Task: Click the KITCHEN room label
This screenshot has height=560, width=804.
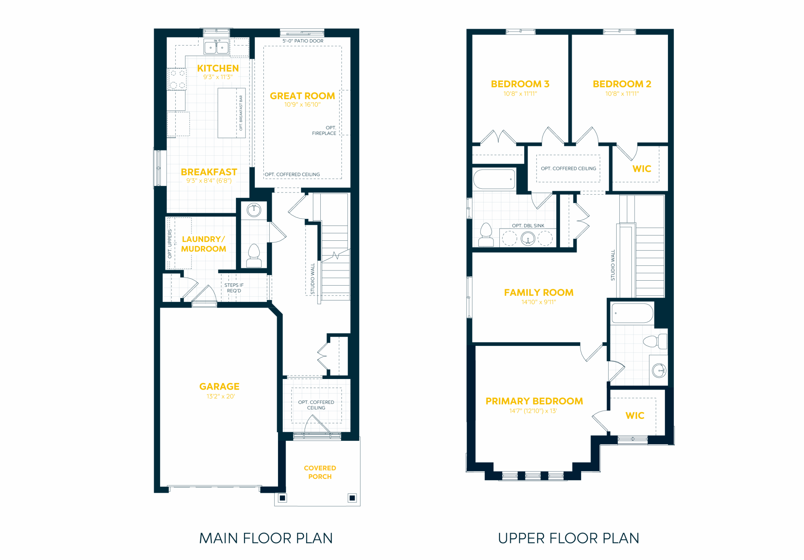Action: pyautogui.click(x=218, y=68)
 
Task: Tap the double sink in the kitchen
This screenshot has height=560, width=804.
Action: pyautogui.click(x=216, y=47)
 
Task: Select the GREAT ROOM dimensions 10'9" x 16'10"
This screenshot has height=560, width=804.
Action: pyautogui.click(x=302, y=104)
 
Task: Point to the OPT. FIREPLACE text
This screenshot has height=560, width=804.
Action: pyautogui.click(x=324, y=130)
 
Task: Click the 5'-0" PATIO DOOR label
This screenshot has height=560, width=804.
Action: pyautogui.click(x=303, y=41)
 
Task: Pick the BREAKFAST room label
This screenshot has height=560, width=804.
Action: pyautogui.click(x=209, y=172)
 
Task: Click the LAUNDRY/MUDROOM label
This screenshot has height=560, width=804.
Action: pyautogui.click(x=204, y=244)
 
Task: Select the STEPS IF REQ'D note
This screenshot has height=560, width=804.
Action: pyautogui.click(x=234, y=288)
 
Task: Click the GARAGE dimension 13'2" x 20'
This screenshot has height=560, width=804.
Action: pyautogui.click(x=220, y=396)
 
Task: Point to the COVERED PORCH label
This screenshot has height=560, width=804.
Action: pyautogui.click(x=320, y=472)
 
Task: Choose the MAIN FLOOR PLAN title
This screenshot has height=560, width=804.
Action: pyautogui.click(x=266, y=538)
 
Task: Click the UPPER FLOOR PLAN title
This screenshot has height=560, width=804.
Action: pyautogui.click(x=568, y=538)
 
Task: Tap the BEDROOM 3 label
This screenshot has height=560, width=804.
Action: pyautogui.click(x=520, y=84)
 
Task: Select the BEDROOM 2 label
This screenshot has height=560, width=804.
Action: pyautogui.click(x=622, y=84)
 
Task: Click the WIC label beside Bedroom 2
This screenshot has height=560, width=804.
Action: pyautogui.click(x=642, y=169)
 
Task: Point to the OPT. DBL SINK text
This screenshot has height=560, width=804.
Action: pyautogui.click(x=528, y=226)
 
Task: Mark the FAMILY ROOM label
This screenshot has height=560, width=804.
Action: pyautogui.click(x=539, y=293)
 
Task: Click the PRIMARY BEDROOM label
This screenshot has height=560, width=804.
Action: pyautogui.click(x=534, y=401)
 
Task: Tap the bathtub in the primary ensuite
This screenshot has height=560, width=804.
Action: pyautogui.click(x=632, y=313)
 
